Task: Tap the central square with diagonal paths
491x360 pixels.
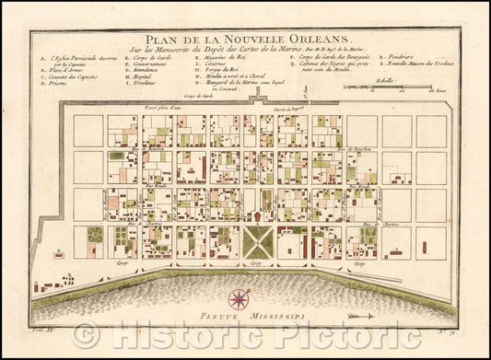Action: [258, 240]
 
